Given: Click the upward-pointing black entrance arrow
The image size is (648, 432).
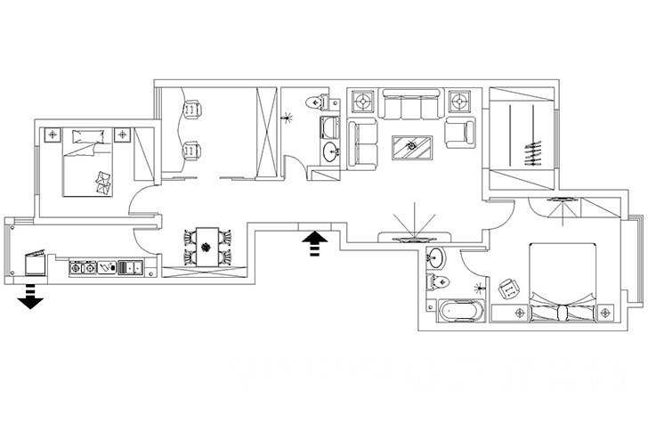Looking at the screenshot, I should click(316, 242).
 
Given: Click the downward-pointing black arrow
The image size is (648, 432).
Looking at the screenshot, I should click(30, 298).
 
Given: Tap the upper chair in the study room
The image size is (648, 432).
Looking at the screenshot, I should click(192, 110).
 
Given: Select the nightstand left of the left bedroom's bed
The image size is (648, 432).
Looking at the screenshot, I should click(52, 135).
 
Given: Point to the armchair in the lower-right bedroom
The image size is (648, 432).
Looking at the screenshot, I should click(509, 289).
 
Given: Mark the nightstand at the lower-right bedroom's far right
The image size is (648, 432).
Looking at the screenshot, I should click(608, 313).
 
